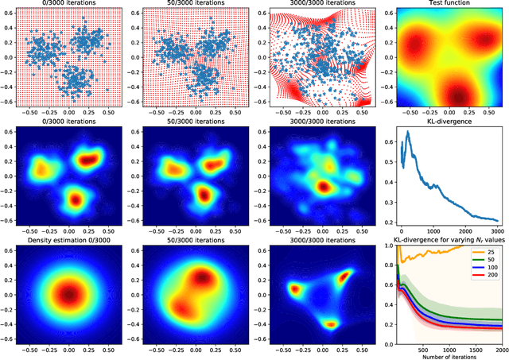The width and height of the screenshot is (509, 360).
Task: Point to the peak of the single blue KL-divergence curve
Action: coord(408,133)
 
